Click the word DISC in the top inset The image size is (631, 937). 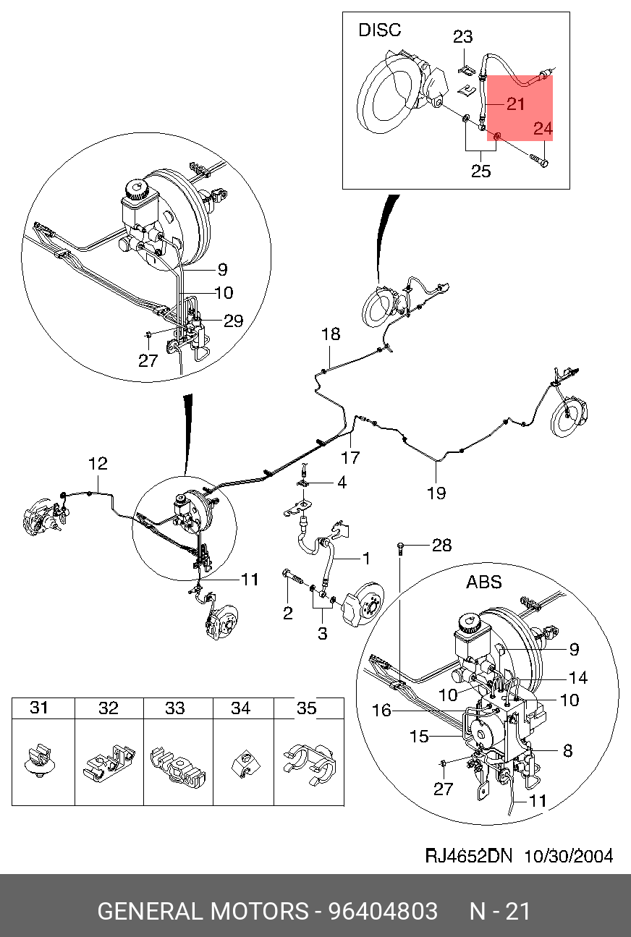(380, 30)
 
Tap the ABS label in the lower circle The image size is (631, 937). (484, 582)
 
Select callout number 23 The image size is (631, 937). (463, 37)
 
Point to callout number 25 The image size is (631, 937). (480, 171)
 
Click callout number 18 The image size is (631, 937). (331, 334)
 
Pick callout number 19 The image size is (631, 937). (436, 493)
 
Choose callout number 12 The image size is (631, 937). (98, 464)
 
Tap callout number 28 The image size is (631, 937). (442, 545)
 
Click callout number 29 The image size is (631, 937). (233, 321)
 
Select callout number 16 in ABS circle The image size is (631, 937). (381, 711)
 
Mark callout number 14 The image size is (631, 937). (578, 678)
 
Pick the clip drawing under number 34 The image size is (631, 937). (245, 764)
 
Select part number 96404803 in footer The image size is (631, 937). (383, 911)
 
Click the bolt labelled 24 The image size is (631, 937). (539, 160)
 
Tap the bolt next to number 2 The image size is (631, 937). (293, 576)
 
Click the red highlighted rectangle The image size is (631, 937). (520, 108)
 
